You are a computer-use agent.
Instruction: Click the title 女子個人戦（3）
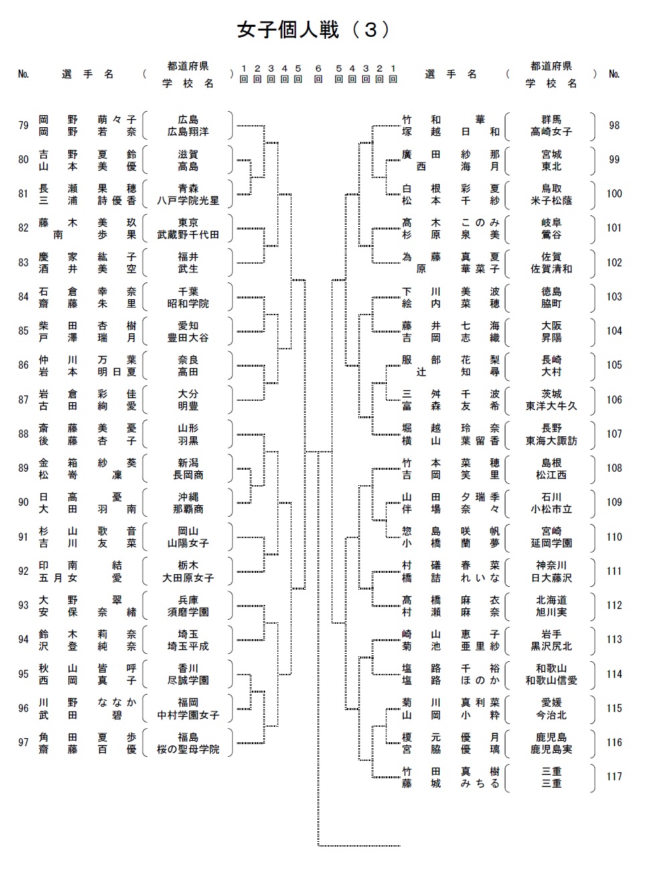[x=313, y=29]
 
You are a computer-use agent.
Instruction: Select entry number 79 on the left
[x=23, y=126]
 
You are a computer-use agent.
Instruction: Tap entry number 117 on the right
[x=614, y=777]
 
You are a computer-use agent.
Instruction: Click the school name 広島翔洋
[x=188, y=133]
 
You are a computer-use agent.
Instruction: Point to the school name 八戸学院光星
[x=188, y=201]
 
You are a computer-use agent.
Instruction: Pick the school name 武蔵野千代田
[x=188, y=235]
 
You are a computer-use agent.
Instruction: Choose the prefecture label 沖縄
[x=188, y=497]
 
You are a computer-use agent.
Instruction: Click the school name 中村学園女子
[x=188, y=715]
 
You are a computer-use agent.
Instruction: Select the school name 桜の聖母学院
[x=188, y=750]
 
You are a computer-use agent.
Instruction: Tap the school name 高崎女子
[x=551, y=133]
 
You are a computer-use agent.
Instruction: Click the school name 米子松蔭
[x=551, y=201]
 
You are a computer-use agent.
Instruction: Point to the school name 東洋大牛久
[x=551, y=406]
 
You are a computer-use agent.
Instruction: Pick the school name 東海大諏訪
[x=551, y=440]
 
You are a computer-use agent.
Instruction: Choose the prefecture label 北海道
[x=551, y=600]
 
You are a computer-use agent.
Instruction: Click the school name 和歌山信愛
[x=551, y=681]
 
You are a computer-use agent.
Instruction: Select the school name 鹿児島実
[x=551, y=750]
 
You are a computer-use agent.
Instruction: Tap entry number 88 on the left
[x=23, y=434]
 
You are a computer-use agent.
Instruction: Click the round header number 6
[x=319, y=68]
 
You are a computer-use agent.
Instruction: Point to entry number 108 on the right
[x=614, y=468]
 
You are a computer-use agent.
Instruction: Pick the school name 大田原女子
[x=188, y=578]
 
